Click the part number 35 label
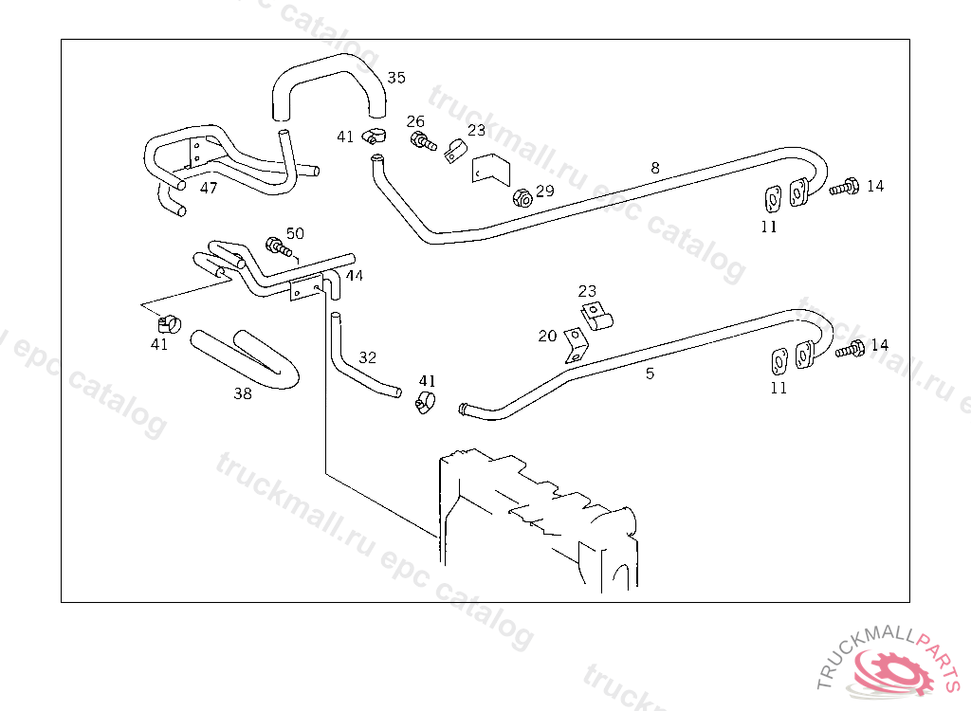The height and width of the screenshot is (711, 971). (396, 78)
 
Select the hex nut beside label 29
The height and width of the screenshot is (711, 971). (522, 197)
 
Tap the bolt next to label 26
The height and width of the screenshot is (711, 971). (423, 140)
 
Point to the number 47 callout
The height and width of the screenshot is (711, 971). (209, 188)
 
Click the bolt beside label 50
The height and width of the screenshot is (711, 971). (279, 247)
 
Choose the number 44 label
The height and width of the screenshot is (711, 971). (355, 276)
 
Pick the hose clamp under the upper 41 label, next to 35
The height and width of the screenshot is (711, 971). (374, 135)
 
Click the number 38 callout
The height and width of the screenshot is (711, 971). (243, 393)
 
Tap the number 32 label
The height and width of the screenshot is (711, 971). (367, 357)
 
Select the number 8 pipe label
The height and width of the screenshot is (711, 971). (655, 168)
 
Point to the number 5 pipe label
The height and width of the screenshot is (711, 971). (650, 374)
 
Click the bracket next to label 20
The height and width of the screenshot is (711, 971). (576, 345)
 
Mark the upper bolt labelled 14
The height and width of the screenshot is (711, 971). (845, 187)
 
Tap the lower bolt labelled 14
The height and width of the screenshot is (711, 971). (851, 349)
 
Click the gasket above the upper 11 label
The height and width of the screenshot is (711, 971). (772, 199)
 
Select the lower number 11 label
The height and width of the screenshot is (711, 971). (779, 389)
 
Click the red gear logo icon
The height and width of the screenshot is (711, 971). (893, 671)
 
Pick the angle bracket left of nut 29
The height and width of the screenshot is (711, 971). (491, 169)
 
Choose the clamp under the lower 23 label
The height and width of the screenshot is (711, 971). (596, 316)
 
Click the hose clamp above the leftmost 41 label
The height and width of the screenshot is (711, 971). (169, 323)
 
